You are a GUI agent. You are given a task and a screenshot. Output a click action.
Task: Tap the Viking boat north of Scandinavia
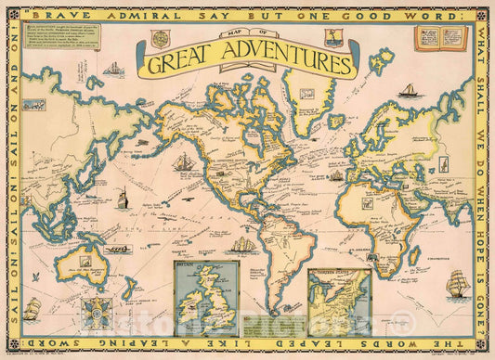point(409,91)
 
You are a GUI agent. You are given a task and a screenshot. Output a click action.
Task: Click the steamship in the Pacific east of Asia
point(123,198)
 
